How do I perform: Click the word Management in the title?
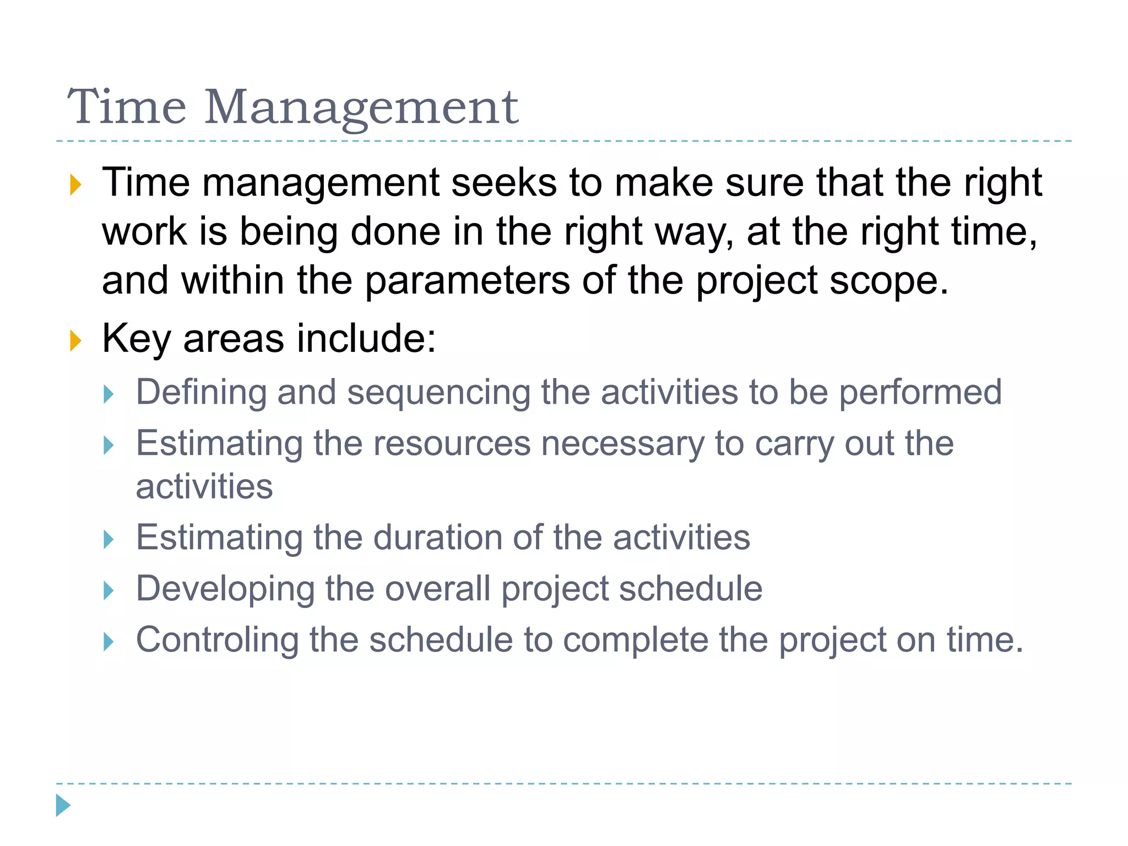(361, 108)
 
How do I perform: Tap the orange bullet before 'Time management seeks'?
(75, 185)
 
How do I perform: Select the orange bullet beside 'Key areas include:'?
(75, 341)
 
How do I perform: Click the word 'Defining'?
(201, 393)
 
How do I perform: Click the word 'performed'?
(920, 393)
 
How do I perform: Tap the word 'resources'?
(452, 444)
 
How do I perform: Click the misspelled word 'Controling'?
(217, 641)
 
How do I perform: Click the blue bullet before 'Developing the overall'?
(109, 591)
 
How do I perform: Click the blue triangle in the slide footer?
(63, 805)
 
